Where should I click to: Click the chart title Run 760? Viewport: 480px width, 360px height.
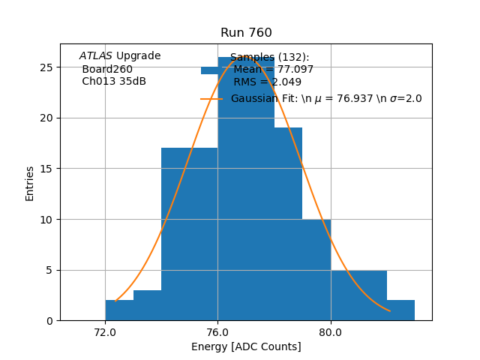[x=246, y=33]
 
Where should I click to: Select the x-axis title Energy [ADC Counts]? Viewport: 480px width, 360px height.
[x=246, y=346]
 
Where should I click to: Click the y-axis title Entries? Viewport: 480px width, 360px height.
[x=30, y=183]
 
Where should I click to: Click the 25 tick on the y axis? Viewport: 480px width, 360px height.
[x=46, y=67]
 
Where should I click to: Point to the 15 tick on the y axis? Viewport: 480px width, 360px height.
[x=46, y=168]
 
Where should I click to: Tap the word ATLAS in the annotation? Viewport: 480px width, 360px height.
[x=96, y=56]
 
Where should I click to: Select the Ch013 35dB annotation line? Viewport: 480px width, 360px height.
[x=114, y=81]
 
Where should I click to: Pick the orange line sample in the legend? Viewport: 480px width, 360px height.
[x=211, y=99]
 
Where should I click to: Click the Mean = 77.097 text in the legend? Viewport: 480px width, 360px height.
[x=274, y=70]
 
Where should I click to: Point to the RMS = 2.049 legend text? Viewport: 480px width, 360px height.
[x=268, y=82]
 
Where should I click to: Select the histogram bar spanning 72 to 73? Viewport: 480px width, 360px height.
[x=119, y=310]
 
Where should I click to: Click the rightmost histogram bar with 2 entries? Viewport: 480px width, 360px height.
[x=400, y=310]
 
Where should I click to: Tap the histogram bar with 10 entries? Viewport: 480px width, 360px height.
[x=316, y=270]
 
